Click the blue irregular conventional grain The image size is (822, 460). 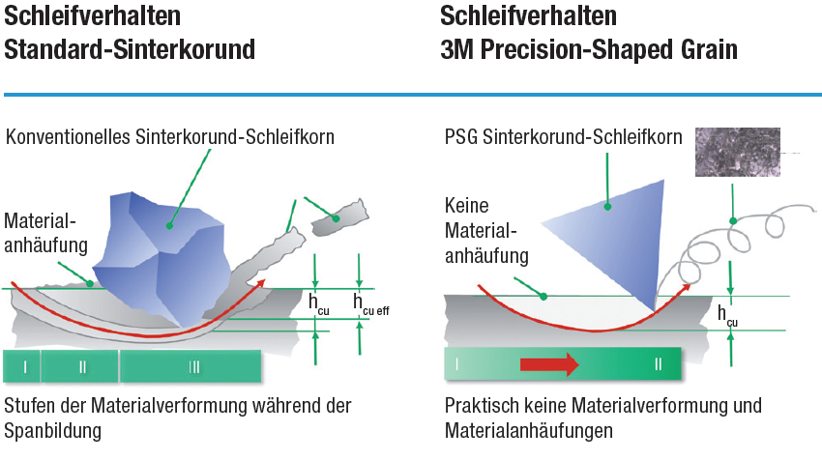[x=162, y=257]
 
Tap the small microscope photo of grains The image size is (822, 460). [x=738, y=152]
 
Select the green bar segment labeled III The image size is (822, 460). [x=191, y=366]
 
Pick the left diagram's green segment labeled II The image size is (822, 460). [x=80, y=366]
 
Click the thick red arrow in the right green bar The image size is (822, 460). [x=549, y=364]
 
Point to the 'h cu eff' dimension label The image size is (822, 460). [x=371, y=304]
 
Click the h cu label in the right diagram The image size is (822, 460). [x=727, y=316]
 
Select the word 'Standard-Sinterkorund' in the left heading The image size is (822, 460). [x=130, y=49]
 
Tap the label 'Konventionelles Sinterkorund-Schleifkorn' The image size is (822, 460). [x=170, y=136]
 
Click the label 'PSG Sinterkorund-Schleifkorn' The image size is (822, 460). [x=564, y=136]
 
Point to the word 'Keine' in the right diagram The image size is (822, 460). [x=466, y=206]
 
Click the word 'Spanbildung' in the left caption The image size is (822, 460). [x=52, y=431]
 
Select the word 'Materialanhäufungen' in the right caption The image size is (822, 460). [x=529, y=431]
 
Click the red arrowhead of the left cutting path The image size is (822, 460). [x=258, y=284]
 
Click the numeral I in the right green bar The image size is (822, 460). [x=457, y=363]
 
